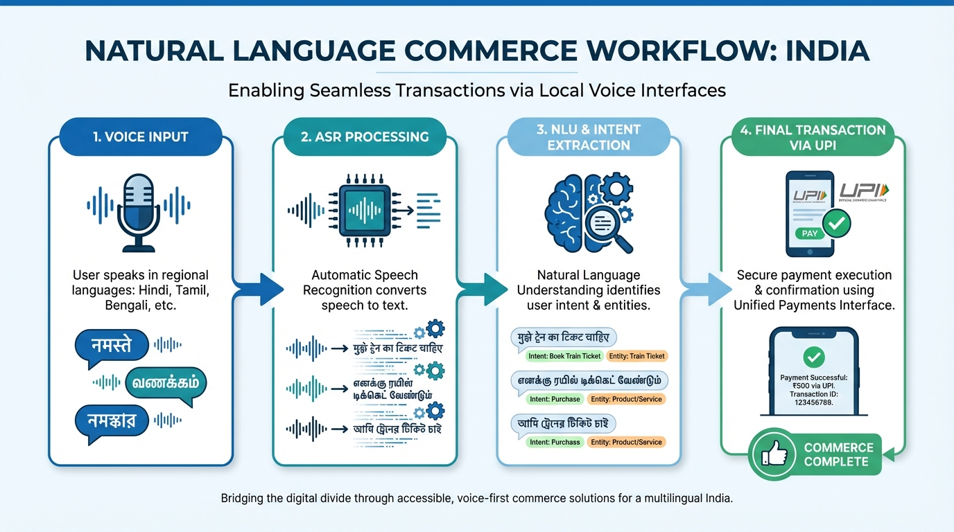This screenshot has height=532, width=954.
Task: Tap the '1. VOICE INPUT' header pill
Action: (141, 136)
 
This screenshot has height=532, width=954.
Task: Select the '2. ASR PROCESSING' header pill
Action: (365, 136)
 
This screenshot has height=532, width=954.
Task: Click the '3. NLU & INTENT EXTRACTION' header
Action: (589, 136)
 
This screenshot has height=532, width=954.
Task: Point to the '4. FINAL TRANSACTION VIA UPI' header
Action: (812, 136)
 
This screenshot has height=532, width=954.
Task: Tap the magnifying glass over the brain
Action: (607, 226)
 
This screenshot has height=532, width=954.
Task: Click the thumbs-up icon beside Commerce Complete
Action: (774, 454)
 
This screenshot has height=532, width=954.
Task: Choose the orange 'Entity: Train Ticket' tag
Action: (636, 356)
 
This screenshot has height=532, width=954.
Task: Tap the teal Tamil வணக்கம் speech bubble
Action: (165, 382)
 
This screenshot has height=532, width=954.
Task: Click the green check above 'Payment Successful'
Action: (812, 357)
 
